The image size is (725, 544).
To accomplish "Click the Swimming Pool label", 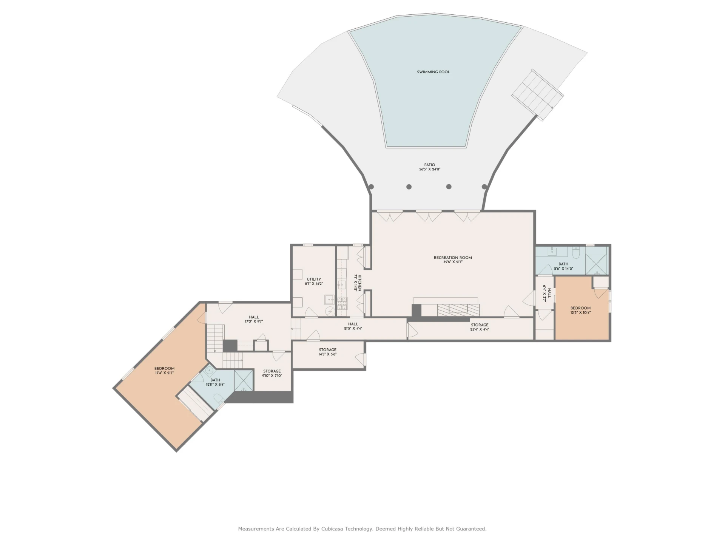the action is click(x=433, y=72).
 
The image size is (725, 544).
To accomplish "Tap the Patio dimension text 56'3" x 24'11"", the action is click(x=430, y=170).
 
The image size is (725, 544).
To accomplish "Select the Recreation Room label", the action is click(x=453, y=258).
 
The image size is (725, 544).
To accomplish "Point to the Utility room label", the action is click(x=314, y=279).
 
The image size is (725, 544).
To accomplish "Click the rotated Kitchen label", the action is click(x=360, y=283).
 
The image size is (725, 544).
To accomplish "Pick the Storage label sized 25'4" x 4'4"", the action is click(x=480, y=325).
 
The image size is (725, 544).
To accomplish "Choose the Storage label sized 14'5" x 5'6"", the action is click(x=327, y=350).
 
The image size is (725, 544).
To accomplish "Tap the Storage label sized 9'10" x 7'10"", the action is click(x=272, y=371).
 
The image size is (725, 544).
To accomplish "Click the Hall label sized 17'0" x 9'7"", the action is click(x=254, y=317).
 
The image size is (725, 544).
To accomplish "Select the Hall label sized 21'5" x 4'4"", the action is click(x=353, y=324).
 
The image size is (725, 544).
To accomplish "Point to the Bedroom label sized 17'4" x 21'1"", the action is click(x=164, y=368).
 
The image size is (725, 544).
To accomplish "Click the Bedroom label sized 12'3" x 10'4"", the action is click(x=580, y=308).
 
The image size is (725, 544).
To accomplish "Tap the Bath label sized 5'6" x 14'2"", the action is click(x=563, y=264).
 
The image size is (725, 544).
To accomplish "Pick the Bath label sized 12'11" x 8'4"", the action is click(x=215, y=380).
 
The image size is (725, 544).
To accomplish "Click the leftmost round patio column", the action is click(x=371, y=187).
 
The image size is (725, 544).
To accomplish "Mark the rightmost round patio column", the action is click(x=484, y=187).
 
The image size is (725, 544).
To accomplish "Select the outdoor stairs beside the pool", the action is click(x=538, y=95).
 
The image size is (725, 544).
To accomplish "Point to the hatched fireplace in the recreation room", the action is click(x=459, y=310).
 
